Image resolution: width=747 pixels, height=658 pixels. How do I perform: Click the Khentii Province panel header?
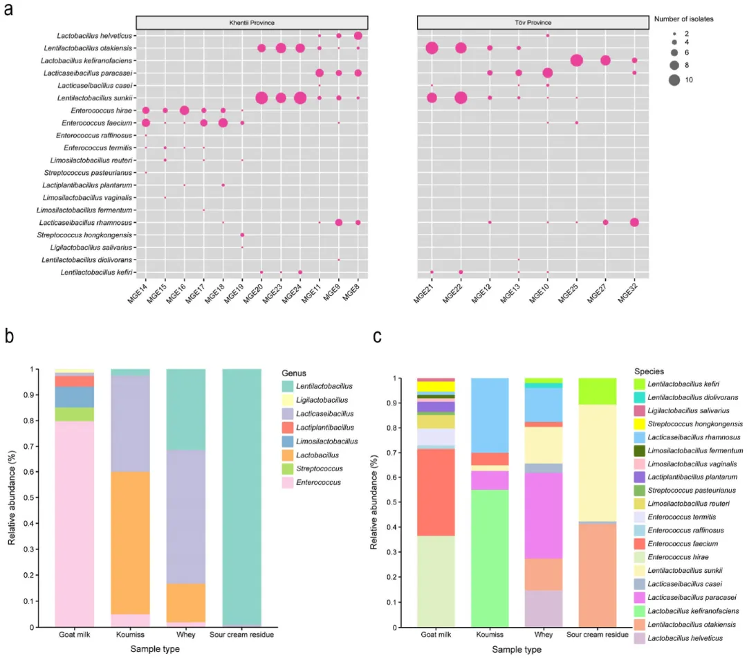pyautogui.click(x=251, y=23)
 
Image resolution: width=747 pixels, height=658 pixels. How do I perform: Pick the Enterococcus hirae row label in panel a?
pyautogui.click(x=102, y=110)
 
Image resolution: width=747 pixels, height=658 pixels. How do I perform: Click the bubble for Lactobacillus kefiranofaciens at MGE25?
pyautogui.click(x=576, y=60)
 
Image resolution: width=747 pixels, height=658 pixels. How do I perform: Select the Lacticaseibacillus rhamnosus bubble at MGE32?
pyautogui.click(x=634, y=222)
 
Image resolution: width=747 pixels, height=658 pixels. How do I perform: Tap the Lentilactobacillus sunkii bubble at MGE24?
pyautogui.click(x=299, y=98)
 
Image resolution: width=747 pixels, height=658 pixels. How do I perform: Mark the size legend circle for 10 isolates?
pyautogui.click(x=674, y=80)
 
